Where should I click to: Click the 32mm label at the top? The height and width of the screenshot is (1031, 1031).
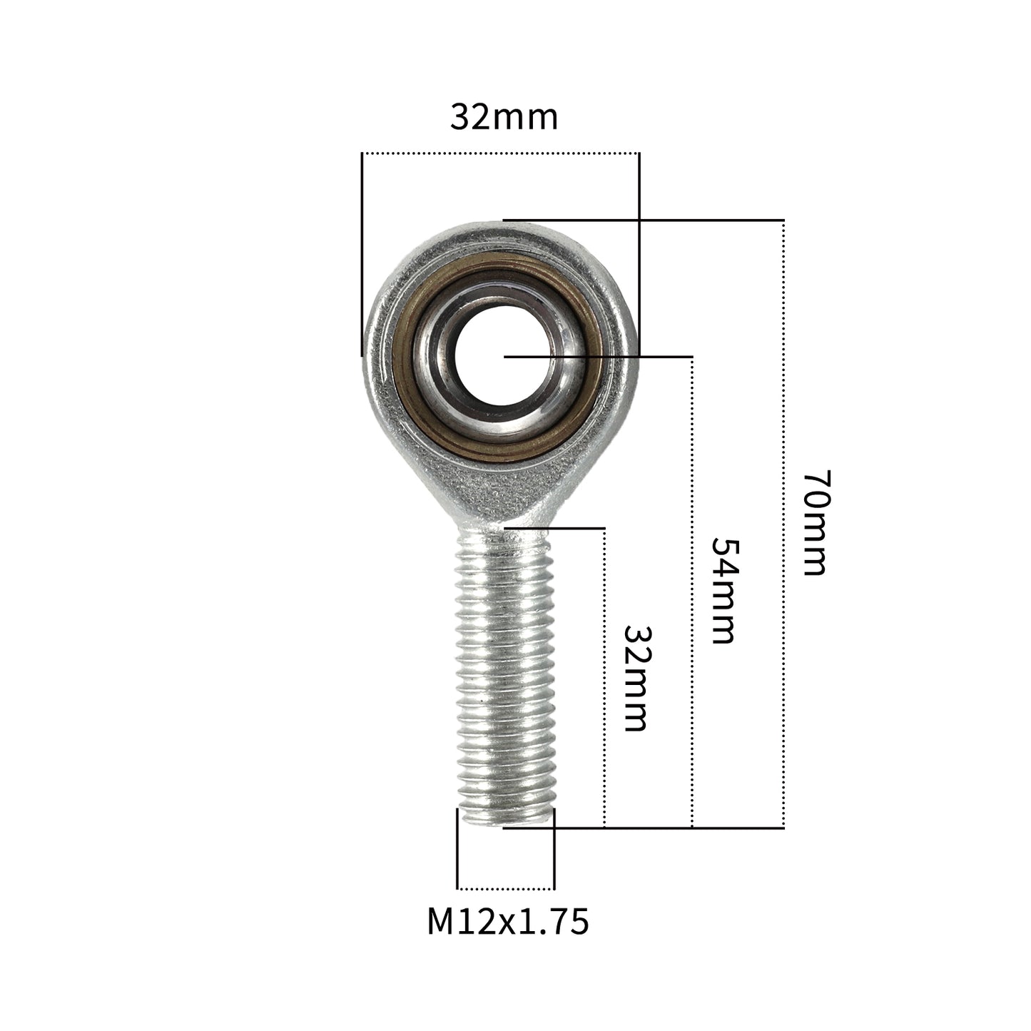click(504, 118)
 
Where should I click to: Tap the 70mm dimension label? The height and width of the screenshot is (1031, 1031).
click(813, 522)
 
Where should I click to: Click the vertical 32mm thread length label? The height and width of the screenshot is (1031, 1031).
click(634, 678)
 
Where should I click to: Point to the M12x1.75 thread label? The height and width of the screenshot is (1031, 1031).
click(507, 921)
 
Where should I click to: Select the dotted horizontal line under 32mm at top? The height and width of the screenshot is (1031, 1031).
click(499, 153)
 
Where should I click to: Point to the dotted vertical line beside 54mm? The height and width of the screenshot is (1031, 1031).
click(692, 592)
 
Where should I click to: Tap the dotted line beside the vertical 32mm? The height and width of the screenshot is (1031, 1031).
click(604, 678)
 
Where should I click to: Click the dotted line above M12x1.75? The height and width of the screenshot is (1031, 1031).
click(505, 889)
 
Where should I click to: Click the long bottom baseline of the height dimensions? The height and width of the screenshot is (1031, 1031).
click(642, 828)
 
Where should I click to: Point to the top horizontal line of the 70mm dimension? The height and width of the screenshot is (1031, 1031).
click(642, 220)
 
